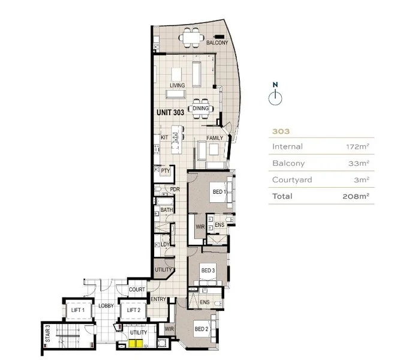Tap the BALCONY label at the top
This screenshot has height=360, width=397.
pos(216,43)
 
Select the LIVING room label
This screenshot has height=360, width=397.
pos(177,86)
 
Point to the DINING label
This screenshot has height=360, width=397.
pos(201,109)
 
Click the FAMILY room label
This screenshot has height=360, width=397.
pos(215,138)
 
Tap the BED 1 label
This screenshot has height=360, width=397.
pos(218,192)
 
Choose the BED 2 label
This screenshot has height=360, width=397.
pos(201,329)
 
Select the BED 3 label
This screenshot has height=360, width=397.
pos(207,271)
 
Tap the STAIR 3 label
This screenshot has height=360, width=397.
pos(47,332)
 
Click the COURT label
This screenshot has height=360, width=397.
pos(137,290)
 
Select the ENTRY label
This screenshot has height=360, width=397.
pos(158,299)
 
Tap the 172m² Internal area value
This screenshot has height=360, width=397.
pos(357,146)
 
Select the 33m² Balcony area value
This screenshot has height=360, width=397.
pos(360,163)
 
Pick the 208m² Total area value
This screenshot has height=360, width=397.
pos(356,196)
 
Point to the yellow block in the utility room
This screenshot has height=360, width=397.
pos(134,344)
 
